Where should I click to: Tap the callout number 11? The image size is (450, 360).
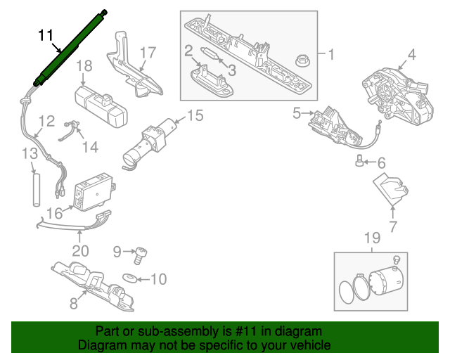tap(45, 34)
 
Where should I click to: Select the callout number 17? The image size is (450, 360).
tap(147, 52)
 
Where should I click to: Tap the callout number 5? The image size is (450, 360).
tap(296, 112)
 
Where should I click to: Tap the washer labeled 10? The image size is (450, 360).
tap(131, 279)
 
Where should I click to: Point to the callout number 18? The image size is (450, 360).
tap(84, 66)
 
